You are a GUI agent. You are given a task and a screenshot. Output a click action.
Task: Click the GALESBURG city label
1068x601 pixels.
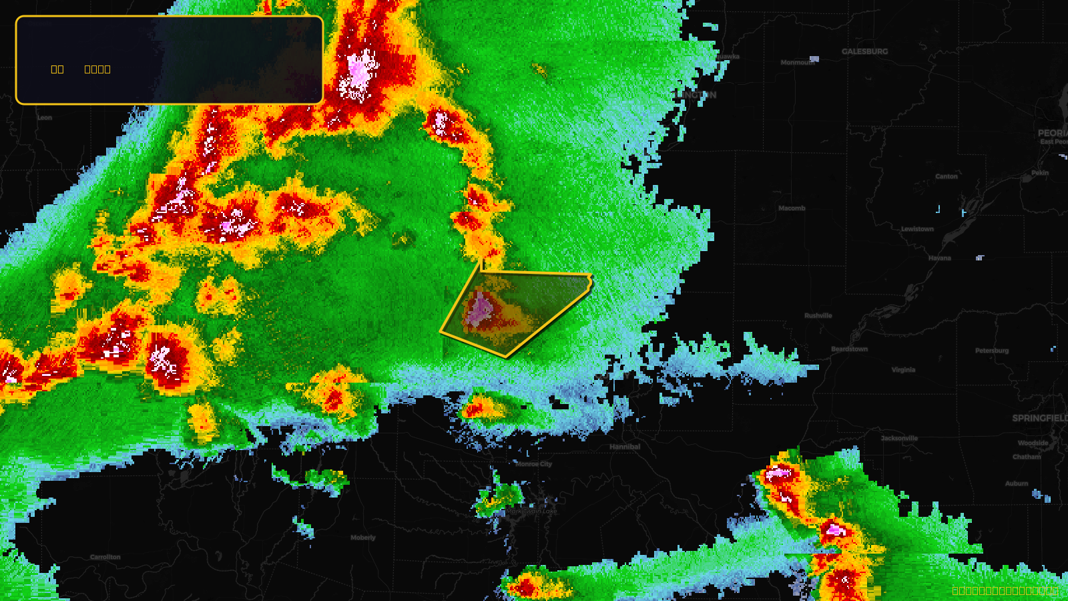click(x=864, y=51)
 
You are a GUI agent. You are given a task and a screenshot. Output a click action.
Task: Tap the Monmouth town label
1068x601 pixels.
click(x=797, y=63)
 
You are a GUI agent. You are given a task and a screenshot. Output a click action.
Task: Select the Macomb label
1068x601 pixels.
click(x=792, y=208)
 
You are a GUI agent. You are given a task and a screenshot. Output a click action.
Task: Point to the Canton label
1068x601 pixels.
click(x=946, y=176)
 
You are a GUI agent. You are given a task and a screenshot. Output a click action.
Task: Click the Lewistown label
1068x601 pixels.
click(x=917, y=229)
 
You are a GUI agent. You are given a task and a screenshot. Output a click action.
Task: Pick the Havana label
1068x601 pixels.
click(x=939, y=258)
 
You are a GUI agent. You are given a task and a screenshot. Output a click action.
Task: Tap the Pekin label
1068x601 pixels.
click(x=1040, y=173)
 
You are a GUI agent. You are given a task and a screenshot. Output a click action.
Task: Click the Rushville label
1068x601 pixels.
click(x=818, y=316)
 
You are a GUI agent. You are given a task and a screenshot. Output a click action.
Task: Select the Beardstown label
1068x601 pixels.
click(x=849, y=349)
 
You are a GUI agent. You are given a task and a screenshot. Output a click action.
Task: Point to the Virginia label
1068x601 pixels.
click(x=903, y=370)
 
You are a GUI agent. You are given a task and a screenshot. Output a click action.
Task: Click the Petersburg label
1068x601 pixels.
click(x=991, y=351)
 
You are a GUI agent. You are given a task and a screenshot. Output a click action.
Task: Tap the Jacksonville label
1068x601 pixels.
click(x=899, y=439)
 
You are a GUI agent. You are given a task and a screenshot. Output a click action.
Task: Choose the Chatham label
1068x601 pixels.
click(x=1026, y=457)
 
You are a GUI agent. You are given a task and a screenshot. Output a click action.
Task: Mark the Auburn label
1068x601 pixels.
click(x=1017, y=483)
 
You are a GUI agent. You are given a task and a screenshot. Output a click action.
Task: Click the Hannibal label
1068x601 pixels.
click(x=624, y=447)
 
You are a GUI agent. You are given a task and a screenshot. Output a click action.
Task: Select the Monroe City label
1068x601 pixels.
click(x=533, y=464)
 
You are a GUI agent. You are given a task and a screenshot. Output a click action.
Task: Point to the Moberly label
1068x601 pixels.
click(x=363, y=538)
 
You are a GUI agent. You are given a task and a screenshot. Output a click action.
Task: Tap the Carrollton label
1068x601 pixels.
click(x=105, y=557)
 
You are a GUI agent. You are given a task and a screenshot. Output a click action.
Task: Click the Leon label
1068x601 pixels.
click(x=45, y=118)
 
